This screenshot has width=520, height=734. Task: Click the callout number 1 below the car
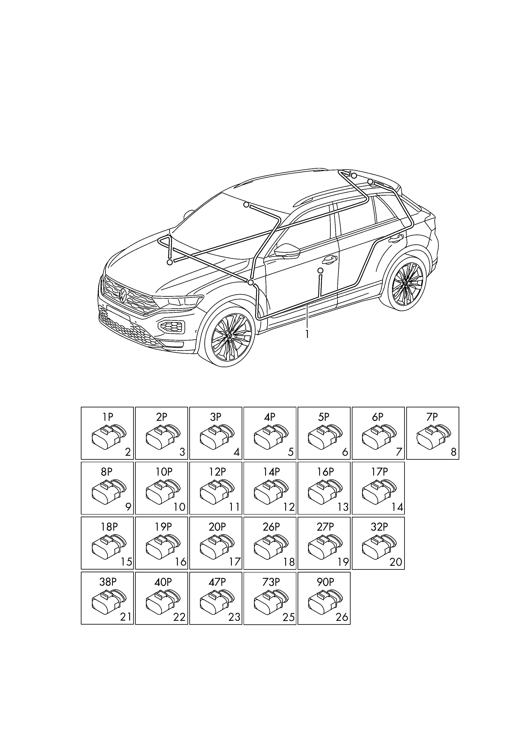click(x=307, y=334)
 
